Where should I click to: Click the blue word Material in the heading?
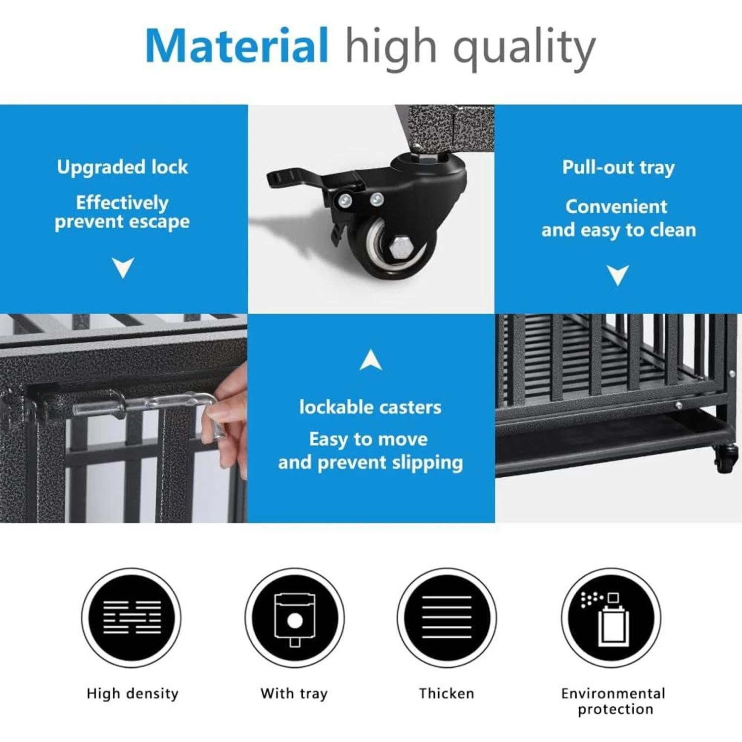236,46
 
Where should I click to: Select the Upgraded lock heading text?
122,167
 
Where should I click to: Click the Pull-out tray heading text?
618,168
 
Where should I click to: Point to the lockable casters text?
370,407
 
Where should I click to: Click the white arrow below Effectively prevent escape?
123,268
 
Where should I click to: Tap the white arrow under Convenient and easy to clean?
618,275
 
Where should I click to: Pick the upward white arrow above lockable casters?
371,360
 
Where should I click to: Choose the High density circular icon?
132,618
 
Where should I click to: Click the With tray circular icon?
294,618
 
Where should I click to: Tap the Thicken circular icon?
447,618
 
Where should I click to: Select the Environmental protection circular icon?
611,618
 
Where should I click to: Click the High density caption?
132,694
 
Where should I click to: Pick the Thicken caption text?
446,694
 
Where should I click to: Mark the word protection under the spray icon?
615,709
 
